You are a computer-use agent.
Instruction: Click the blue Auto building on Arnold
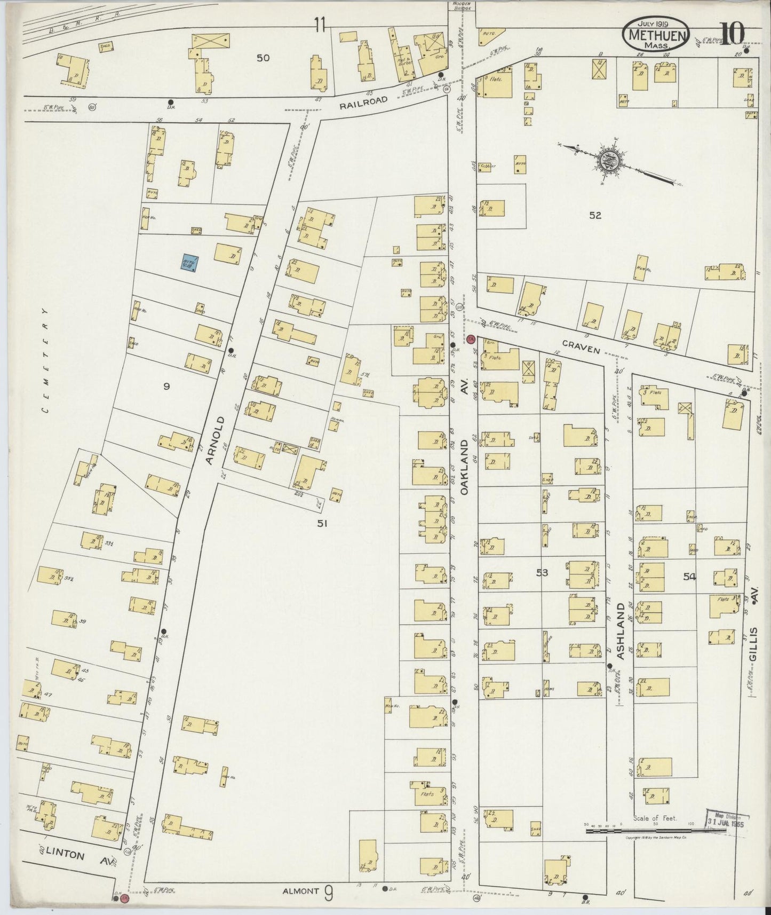point(188,263)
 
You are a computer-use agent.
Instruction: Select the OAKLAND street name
point(464,466)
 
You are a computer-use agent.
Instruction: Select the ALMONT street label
point(300,890)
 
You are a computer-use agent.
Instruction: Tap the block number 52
point(595,215)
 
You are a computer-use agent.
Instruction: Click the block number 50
point(263,58)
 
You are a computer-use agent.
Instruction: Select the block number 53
point(542,572)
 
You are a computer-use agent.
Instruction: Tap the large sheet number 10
point(732,33)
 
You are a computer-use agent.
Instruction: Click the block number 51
point(322,523)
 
